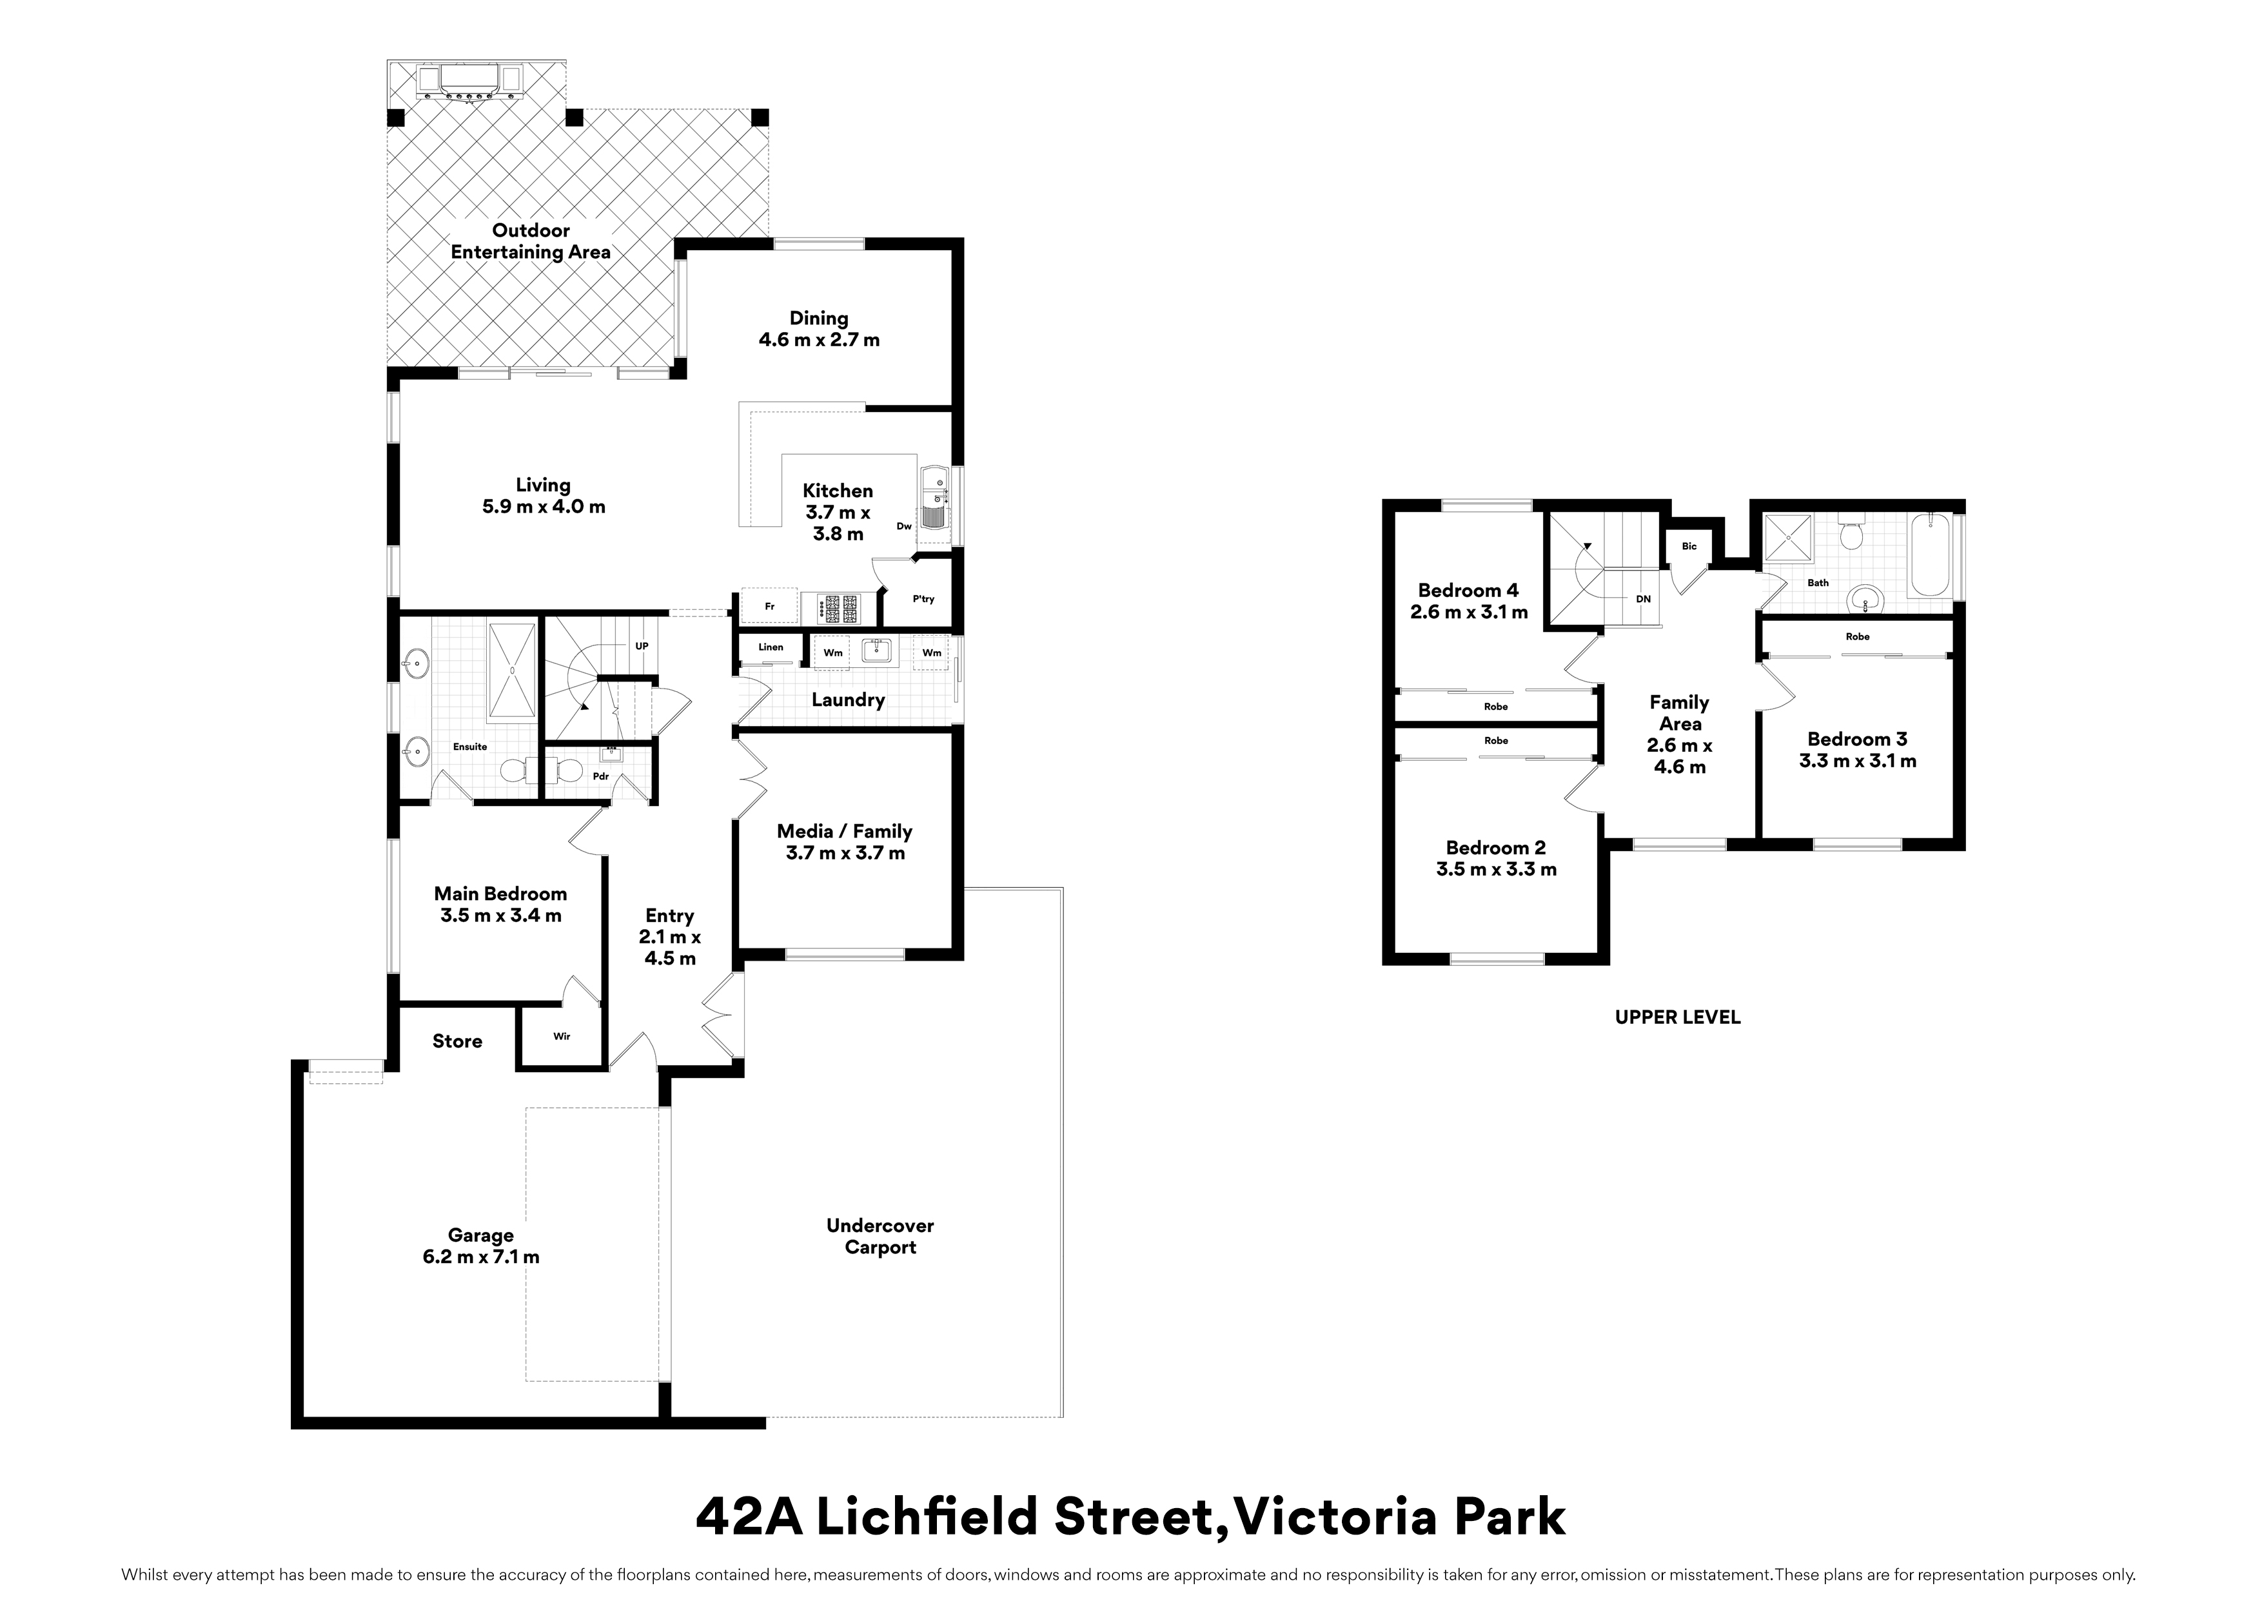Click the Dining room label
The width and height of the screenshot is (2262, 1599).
[819, 329]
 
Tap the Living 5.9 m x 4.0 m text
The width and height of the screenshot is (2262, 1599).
[543, 496]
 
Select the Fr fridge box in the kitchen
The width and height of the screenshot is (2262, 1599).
[769, 606]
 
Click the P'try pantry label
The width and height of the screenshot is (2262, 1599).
[923, 599]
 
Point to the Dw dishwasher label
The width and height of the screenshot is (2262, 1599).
[903, 526]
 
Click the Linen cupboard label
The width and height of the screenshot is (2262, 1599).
[771, 647]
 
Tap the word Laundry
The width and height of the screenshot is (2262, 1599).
[847, 700]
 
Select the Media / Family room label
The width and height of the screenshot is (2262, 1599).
[844, 842]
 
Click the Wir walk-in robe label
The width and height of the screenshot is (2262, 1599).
[562, 1036]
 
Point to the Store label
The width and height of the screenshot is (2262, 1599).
[457, 1041]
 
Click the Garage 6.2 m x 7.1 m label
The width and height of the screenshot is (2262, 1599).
[481, 1246]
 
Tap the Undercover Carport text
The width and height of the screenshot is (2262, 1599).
[880, 1237]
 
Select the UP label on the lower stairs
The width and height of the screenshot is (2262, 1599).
[642, 646]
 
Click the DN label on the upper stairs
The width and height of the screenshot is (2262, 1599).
[1643, 599]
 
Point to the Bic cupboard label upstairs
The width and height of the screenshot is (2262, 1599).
[1689, 546]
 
